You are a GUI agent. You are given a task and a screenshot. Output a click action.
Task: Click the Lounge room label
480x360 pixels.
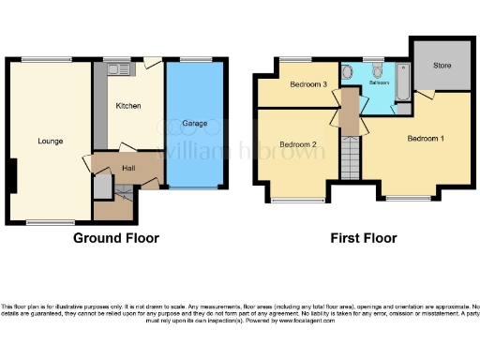click(x=50, y=142)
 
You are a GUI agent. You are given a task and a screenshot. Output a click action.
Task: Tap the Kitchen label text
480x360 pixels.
click(x=128, y=106)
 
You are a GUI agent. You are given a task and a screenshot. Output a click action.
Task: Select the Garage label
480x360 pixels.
click(x=195, y=124)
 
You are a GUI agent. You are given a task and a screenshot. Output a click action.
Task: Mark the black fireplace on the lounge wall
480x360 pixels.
click(x=12, y=175)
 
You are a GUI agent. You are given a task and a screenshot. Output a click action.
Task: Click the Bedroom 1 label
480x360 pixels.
click(x=426, y=138)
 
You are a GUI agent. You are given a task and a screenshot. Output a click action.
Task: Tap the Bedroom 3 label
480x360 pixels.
click(x=307, y=85)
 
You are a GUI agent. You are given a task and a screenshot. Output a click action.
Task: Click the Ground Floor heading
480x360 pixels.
click(x=116, y=238)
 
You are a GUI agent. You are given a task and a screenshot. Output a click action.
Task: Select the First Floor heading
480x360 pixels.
click(x=364, y=238)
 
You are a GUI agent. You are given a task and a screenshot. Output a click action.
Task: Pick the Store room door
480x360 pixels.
click(x=426, y=95)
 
